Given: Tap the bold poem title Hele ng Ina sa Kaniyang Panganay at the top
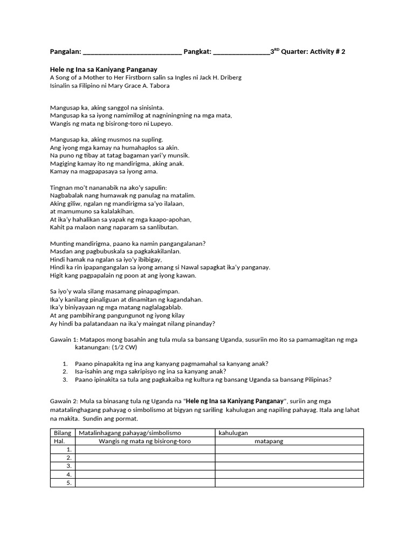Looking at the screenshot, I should pyautogui.click(x=103, y=70).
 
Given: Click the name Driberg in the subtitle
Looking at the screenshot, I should pyautogui.click(x=231, y=78).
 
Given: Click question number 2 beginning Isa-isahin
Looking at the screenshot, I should pyautogui.click(x=150, y=371).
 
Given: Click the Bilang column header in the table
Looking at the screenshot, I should pyautogui.click(x=63, y=433).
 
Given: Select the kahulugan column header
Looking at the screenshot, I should pyautogui.click(x=233, y=433).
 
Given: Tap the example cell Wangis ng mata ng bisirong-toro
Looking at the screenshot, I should pyautogui.click(x=144, y=441).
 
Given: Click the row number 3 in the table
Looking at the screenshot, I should pyautogui.click(x=68, y=466).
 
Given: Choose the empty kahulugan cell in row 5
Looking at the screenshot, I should pyautogui.click(x=289, y=482).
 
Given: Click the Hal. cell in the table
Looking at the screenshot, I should pyautogui.click(x=59, y=441).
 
